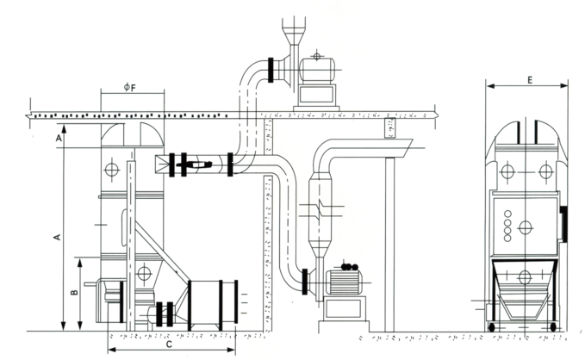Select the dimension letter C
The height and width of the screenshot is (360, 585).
(x=168, y=344)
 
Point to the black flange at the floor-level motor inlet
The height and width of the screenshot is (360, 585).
(x=306, y=280)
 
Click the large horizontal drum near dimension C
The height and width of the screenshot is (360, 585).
(x=213, y=302)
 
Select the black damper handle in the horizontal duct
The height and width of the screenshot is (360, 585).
(x=197, y=163)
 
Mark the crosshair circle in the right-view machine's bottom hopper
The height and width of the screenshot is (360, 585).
(x=524, y=277)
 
